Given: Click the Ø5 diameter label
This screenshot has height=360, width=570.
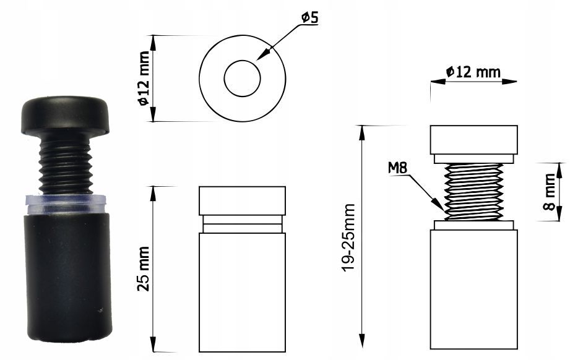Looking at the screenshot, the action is (309, 17).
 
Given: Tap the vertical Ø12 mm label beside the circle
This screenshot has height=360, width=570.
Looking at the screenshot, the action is (144, 78).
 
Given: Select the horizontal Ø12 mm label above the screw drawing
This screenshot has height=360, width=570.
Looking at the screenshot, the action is (473, 72).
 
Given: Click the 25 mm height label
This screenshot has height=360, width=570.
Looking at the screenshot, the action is (144, 268).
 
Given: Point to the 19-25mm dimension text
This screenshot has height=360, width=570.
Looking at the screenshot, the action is (348, 237).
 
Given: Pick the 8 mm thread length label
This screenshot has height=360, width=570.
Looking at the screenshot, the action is (550, 192).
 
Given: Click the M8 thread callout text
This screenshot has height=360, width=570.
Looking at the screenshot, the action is (398, 168).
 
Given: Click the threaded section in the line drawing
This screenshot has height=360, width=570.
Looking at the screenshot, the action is (473, 192).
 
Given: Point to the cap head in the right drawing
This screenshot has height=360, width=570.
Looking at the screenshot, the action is (473, 140).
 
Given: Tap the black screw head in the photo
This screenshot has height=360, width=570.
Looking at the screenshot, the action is (66, 115).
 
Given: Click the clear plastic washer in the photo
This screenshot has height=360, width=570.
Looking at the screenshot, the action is (66, 204).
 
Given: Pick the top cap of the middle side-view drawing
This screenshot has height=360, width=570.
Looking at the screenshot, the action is (242, 201).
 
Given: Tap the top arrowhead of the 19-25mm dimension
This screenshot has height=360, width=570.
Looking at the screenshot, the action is (361, 133).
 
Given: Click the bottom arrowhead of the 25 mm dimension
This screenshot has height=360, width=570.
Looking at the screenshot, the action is (153, 344).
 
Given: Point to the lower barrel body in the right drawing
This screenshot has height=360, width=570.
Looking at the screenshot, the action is (473, 289).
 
